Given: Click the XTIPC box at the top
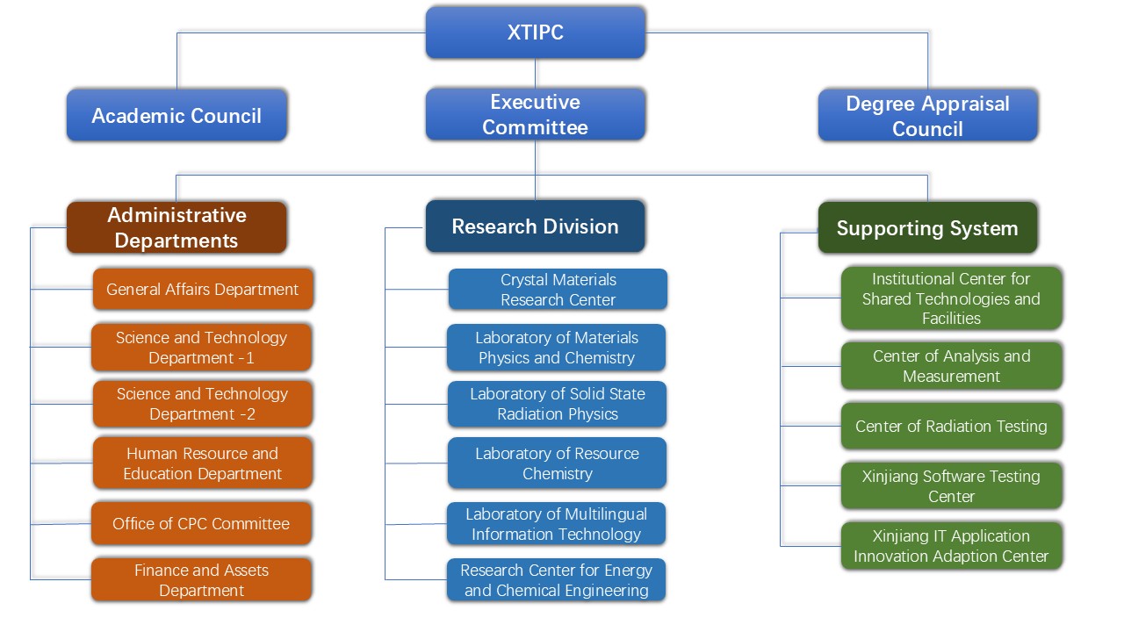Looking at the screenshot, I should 535,32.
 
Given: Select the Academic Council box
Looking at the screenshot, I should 177,115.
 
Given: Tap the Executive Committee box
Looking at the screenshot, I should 535,114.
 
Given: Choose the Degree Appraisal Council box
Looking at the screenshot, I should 927,115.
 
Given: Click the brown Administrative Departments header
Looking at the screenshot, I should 177,227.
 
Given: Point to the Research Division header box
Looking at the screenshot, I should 535,226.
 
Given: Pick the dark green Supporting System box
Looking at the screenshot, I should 927,228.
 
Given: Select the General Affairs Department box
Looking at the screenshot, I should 203,289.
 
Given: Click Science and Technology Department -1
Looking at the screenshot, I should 202,348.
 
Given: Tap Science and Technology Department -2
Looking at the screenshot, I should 203,404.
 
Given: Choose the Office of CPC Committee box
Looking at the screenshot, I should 201,523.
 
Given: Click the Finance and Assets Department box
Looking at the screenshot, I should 201,580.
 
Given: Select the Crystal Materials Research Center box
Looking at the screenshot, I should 558,290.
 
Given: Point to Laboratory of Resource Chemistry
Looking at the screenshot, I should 557,463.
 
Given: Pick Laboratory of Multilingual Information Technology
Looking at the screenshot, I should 556,524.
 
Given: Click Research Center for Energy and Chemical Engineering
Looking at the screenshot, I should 556,580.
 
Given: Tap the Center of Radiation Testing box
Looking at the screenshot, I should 951,427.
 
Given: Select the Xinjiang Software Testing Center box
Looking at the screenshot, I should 951,485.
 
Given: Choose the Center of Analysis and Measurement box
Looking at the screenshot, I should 951,366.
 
